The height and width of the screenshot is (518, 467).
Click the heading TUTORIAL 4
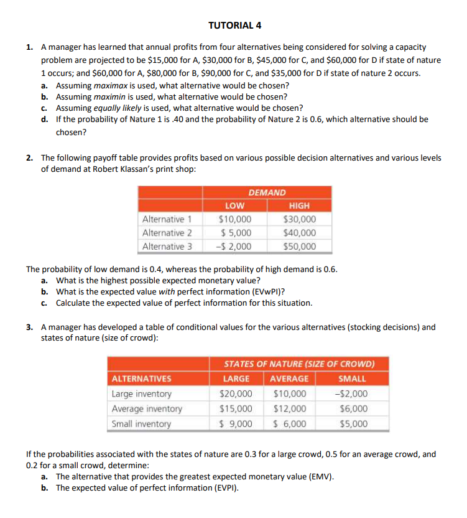coord(234,26)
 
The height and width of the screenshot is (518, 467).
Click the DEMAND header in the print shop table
coord(267,193)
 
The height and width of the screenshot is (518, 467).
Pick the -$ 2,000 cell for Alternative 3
coord(234,247)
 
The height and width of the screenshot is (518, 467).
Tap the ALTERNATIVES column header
coord(141,379)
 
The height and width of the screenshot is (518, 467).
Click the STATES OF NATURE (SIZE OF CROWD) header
coord(298,364)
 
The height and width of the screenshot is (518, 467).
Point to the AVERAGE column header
coord(289,379)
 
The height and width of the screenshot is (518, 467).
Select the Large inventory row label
coord(141,393)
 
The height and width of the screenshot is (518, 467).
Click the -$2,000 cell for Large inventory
coord(351,393)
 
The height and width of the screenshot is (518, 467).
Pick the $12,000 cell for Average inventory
coord(289,409)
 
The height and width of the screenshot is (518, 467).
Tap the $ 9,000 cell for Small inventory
coord(236,424)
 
